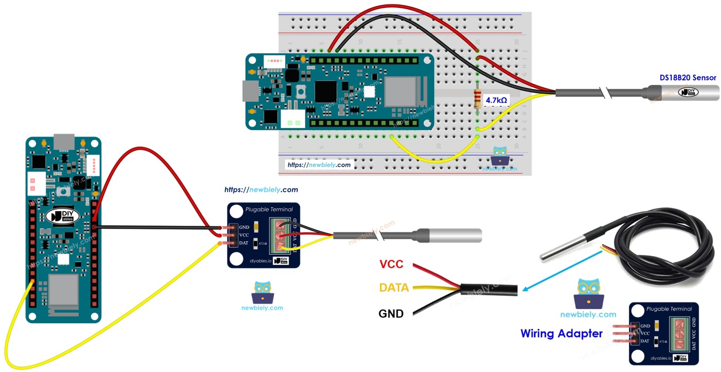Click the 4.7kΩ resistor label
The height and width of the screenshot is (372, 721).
[x=496, y=101]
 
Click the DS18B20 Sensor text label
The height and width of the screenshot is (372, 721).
[x=687, y=78]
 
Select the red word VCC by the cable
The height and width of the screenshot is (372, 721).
[x=391, y=264]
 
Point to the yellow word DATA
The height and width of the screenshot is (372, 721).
[x=394, y=288]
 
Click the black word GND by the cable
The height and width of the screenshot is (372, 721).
[x=391, y=313]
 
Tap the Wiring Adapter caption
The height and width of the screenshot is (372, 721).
[x=561, y=334]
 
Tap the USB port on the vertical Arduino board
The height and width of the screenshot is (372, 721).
[x=63, y=142]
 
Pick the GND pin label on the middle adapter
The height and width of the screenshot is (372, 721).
[x=244, y=227]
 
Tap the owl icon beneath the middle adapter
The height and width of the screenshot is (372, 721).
[x=262, y=292]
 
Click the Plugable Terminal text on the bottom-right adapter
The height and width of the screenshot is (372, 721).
[x=669, y=309]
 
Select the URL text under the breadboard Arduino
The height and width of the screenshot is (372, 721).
[x=319, y=165]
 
